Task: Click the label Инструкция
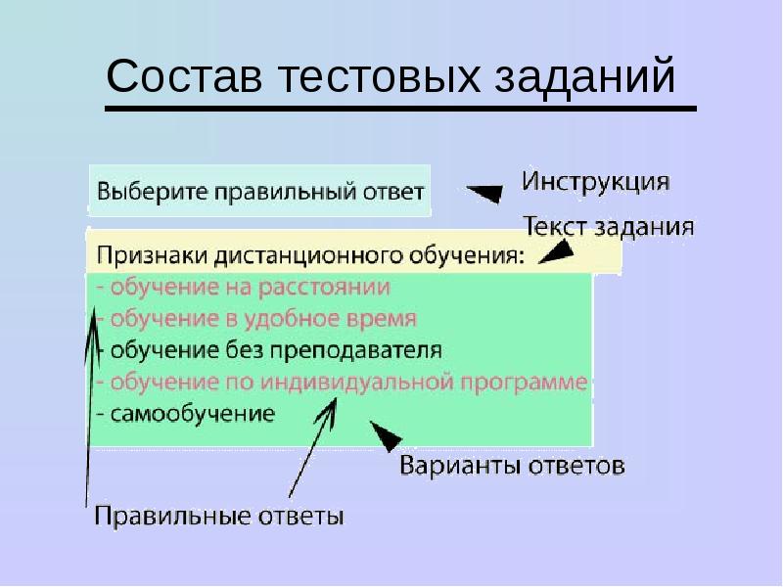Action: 595,183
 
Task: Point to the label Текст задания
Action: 609,228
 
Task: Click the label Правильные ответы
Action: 218,516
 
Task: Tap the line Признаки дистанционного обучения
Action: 310,257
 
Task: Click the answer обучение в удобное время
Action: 257,319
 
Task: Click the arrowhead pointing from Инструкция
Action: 484,192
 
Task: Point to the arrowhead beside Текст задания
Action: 556,251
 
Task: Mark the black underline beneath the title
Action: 400,107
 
